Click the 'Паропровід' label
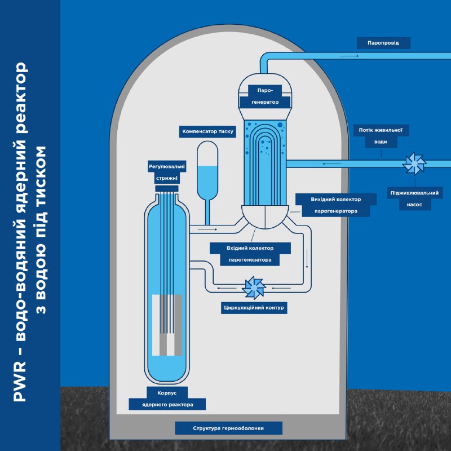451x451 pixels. click(383, 43)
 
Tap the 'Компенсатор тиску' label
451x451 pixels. click(207, 132)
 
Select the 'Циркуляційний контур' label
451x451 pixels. click(254, 308)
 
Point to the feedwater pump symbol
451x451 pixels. click(415, 164)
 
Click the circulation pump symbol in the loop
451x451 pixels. click(254, 288)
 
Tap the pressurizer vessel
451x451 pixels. click(208, 169)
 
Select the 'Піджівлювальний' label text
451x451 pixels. click(414, 193)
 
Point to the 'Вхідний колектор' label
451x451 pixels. click(250, 248)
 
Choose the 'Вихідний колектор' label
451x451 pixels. click(336, 200)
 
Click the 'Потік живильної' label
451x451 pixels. click(380, 130)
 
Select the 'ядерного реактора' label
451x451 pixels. click(167, 405)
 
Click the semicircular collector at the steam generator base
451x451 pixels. click(266, 216)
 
